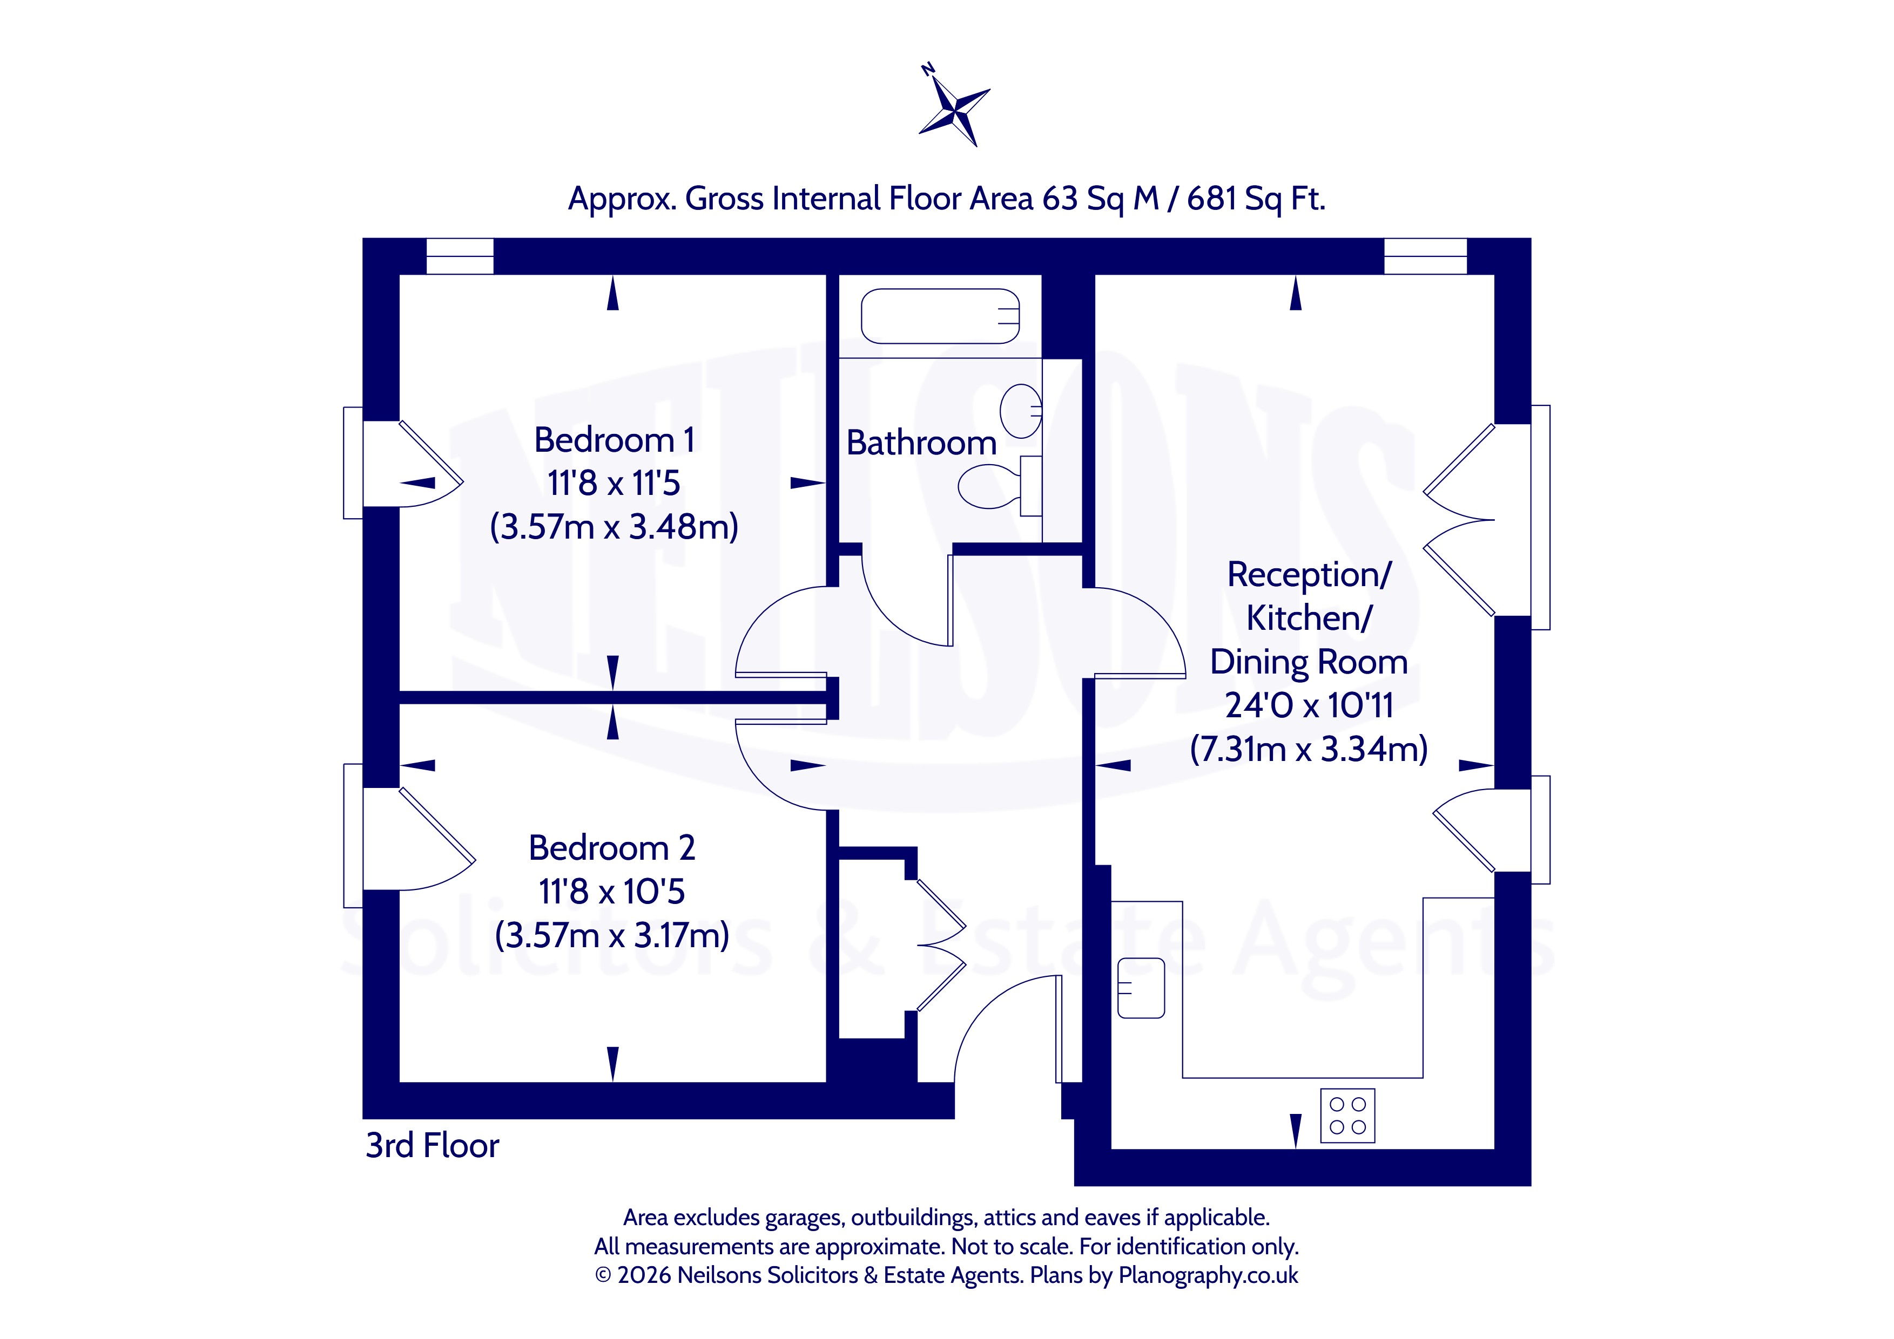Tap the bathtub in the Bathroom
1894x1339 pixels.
[940, 316]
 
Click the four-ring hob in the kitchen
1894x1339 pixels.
[1347, 1116]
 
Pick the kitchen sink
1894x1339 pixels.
[1141, 988]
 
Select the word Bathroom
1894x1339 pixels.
[921, 443]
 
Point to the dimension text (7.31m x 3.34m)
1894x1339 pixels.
[1309, 749]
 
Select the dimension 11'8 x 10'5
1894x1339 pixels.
[612, 891]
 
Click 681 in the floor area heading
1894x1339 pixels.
[1212, 199]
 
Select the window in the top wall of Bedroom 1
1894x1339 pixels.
[460, 256]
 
